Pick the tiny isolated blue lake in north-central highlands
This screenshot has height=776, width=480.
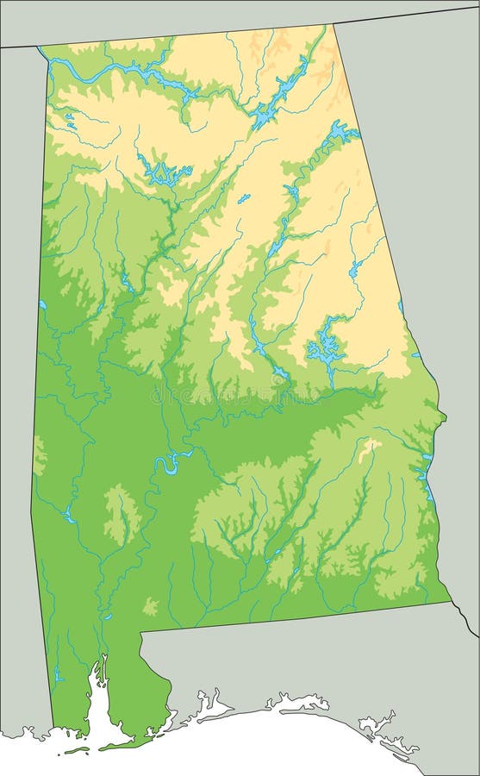point(244,199)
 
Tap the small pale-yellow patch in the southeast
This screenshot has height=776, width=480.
point(371,446)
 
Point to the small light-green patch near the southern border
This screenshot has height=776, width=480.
point(151,606)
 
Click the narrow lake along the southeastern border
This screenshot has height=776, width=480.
point(426,483)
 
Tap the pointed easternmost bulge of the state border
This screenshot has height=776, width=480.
point(445,417)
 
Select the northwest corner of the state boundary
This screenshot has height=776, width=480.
point(40,47)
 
